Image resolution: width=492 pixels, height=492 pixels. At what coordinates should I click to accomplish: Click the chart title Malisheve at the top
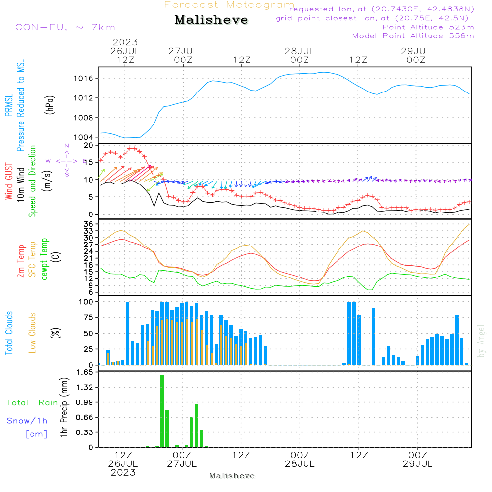[212, 20]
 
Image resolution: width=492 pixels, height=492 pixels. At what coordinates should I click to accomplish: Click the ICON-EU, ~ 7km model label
[63, 27]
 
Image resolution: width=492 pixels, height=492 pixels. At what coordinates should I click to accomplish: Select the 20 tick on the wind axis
[89, 146]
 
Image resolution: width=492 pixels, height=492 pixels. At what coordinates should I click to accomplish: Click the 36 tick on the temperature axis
[89, 224]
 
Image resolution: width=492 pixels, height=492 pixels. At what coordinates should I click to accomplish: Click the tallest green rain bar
[162, 411]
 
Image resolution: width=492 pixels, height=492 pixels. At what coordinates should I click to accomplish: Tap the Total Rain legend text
[32, 403]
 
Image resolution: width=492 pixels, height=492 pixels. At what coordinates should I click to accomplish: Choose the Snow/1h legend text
[27, 421]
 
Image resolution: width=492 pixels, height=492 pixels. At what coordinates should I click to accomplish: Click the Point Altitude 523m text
[428, 27]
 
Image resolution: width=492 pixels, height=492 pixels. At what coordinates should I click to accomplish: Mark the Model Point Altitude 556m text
[413, 36]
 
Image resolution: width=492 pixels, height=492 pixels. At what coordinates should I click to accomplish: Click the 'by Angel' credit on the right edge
[481, 341]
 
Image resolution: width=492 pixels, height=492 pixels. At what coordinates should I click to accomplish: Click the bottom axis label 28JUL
[300, 464]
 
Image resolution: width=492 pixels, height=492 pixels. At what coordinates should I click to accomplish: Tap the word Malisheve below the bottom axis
[232, 476]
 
